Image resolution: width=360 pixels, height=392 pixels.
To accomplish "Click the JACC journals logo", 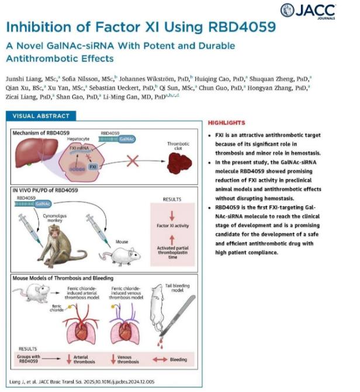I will [x=317, y=10].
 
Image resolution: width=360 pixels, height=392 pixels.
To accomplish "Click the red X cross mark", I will [x=135, y=160].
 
